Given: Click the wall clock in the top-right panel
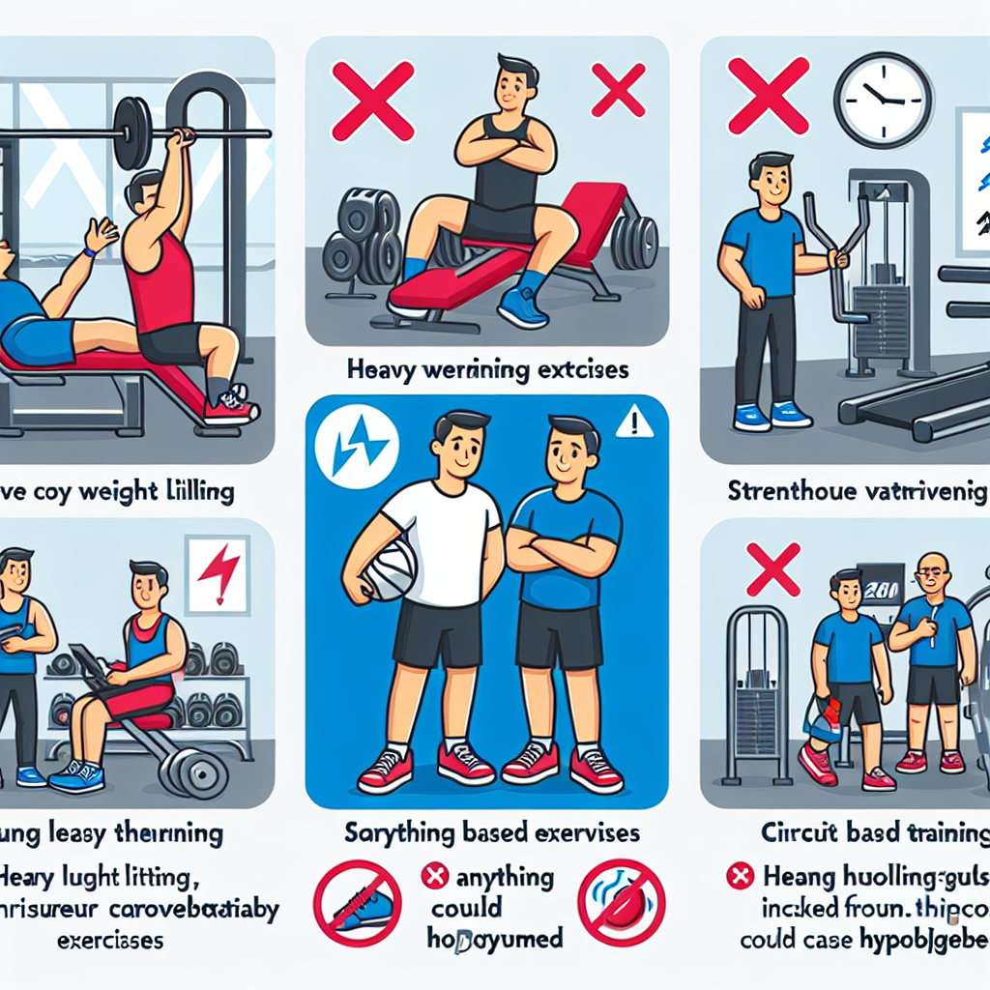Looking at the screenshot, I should (x=883, y=100).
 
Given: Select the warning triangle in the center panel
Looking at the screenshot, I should (x=634, y=420).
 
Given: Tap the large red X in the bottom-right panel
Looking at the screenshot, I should (x=773, y=568).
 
